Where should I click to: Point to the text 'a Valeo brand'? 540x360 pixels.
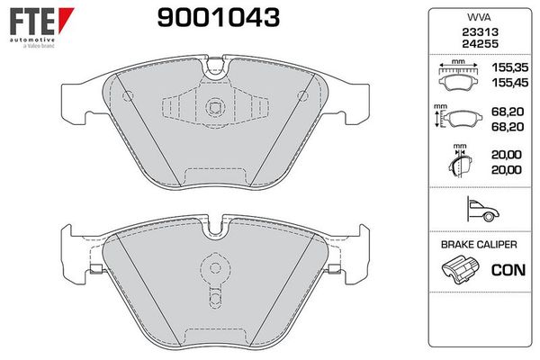click(32, 47)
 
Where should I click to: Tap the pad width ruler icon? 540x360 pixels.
click(459, 76)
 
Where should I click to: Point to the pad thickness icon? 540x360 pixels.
click(459, 165)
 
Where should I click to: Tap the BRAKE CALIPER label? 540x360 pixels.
click(478, 244)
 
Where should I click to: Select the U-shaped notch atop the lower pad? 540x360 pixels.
click(214, 226)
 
